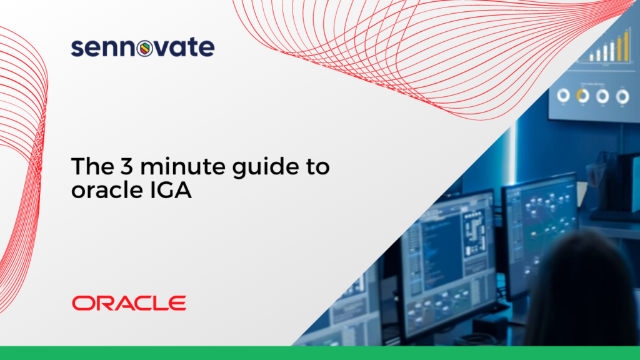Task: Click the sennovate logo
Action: (143, 47)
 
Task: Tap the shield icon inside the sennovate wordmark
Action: (144, 48)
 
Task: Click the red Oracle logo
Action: (129, 303)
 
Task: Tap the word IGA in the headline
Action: (171, 190)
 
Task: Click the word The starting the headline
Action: (92, 166)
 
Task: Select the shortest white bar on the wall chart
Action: (591, 57)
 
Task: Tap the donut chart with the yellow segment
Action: (583, 96)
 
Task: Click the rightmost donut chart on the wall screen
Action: (622, 97)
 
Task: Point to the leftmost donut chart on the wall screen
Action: (564, 95)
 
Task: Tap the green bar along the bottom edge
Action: (320, 353)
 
